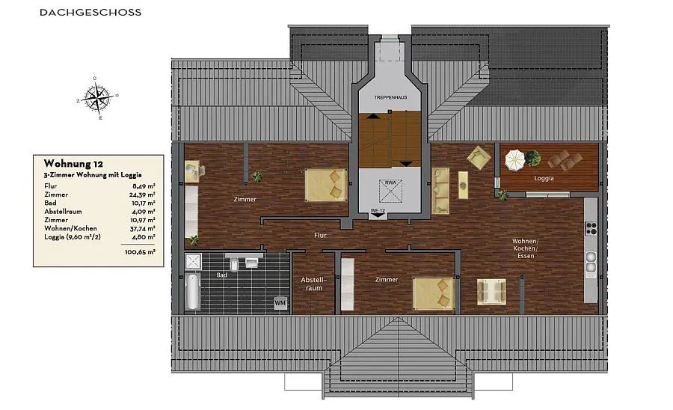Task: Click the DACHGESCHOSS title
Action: [x=90, y=13]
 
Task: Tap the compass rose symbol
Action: [x=97, y=98]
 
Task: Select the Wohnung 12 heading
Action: [x=73, y=164]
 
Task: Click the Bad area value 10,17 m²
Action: [x=144, y=203]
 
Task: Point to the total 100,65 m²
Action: [x=140, y=252]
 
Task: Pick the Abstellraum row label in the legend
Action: [x=63, y=212]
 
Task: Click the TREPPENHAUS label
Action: [x=390, y=97]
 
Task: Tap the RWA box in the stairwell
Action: [x=390, y=191]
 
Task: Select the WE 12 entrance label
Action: [x=378, y=211]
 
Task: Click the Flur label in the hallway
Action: [x=320, y=235]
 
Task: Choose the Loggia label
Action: [x=544, y=178]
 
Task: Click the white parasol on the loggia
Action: [x=514, y=159]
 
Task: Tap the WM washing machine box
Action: [x=280, y=303]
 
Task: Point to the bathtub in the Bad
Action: [x=193, y=292]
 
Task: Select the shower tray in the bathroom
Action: [x=193, y=261]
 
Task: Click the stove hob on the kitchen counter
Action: [x=591, y=228]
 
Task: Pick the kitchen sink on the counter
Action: [x=591, y=263]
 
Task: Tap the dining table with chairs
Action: [x=491, y=292]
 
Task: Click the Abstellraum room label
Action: [x=314, y=284]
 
